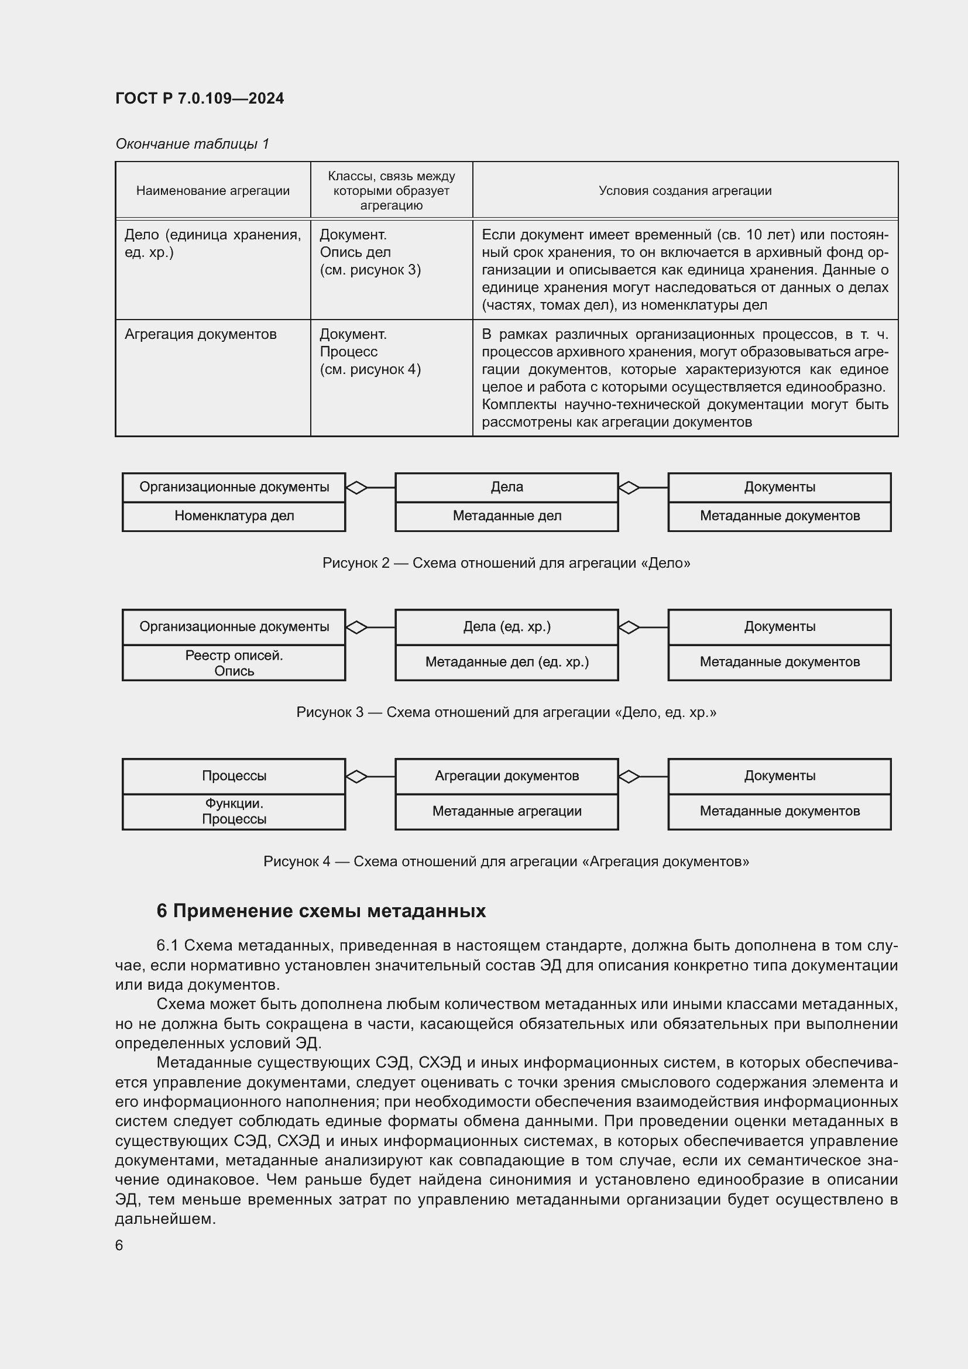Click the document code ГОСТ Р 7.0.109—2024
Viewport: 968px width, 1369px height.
pyautogui.click(x=200, y=98)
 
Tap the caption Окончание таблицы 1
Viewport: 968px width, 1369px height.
pyautogui.click(x=192, y=144)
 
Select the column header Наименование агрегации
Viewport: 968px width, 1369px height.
pyautogui.click(x=213, y=191)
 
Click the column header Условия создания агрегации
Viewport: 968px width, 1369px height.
pyautogui.click(x=685, y=191)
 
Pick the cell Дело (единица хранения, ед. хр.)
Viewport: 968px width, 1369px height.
pyautogui.click(x=212, y=243)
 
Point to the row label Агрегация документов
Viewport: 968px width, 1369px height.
pyautogui.click(x=200, y=335)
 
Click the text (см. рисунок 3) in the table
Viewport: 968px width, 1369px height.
pyautogui.click(x=370, y=270)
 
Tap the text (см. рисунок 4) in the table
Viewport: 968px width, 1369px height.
pyautogui.click(x=370, y=370)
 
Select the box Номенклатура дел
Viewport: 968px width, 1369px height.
pyautogui.click(x=234, y=516)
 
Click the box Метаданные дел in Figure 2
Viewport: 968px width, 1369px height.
pyautogui.click(x=507, y=516)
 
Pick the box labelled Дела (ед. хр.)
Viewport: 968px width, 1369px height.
pyautogui.click(x=507, y=627)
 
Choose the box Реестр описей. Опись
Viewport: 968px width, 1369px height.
pyautogui.click(x=234, y=663)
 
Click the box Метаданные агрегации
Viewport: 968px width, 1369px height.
pyautogui.click(x=507, y=811)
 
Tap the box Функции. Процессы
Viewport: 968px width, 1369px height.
pyautogui.click(x=234, y=811)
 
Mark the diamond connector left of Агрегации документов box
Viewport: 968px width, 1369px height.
pyautogui.click(x=356, y=776)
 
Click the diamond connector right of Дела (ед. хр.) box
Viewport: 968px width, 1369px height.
pyautogui.click(x=629, y=627)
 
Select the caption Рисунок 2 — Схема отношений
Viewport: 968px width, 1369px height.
pyautogui.click(x=506, y=563)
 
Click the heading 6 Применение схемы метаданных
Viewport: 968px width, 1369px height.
pyautogui.click(x=321, y=911)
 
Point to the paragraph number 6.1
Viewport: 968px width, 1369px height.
pyautogui.click(x=167, y=946)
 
